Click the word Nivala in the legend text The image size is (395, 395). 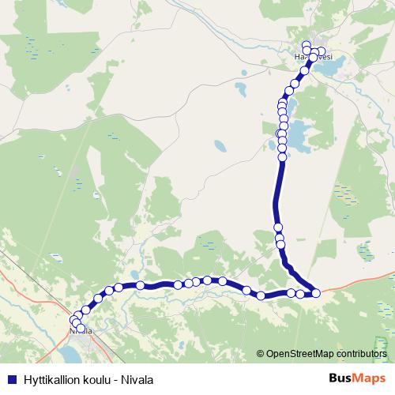pyautogui.click(x=137, y=378)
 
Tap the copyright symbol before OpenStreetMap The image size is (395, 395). pyautogui.click(x=261, y=355)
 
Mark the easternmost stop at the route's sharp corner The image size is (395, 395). pyautogui.click(x=316, y=293)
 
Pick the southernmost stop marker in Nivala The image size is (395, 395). pyautogui.click(x=81, y=327)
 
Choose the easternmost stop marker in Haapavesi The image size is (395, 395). pyautogui.click(x=321, y=52)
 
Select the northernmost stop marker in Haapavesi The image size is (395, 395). pyautogui.click(x=307, y=44)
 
